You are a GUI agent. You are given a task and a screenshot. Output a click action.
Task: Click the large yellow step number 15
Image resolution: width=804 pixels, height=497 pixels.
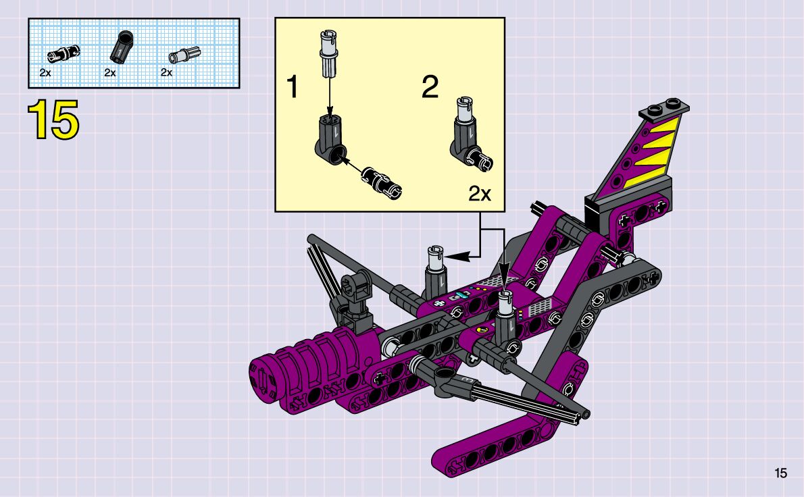(53, 120)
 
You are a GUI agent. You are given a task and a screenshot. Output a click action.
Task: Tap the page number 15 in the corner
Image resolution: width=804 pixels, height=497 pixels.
(780, 473)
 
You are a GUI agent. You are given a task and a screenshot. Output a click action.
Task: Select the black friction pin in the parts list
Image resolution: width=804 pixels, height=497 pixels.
(64, 53)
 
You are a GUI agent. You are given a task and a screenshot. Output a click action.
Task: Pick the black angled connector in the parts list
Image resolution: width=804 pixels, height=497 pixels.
(122, 48)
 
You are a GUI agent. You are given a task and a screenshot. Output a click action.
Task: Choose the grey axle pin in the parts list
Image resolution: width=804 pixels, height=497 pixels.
(184, 54)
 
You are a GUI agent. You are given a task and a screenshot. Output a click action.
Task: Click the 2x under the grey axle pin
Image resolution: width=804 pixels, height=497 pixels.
(166, 73)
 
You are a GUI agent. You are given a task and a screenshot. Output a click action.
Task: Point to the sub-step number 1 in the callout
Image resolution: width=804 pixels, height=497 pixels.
(293, 86)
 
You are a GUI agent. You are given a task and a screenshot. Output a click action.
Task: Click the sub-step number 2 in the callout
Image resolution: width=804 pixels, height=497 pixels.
(430, 86)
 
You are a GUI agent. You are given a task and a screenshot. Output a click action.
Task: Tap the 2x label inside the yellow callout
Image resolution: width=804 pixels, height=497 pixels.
(480, 194)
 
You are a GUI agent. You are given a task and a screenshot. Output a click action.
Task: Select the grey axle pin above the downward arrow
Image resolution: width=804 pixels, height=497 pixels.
(328, 54)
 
